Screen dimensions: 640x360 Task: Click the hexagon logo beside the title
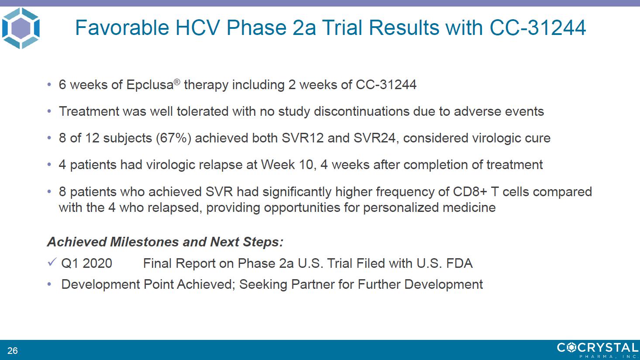tap(21, 28)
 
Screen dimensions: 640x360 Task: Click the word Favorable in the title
tap(122, 28)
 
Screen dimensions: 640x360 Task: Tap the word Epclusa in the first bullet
tap(150, 85)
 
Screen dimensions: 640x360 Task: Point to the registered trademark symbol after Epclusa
tap(177, 82)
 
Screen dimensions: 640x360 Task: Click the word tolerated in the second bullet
tap(203, 111)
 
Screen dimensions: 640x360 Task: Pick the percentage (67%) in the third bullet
tap(173, 138)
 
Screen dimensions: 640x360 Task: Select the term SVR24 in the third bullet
tap(375, 138)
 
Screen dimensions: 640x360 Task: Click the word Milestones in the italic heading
tap(145, 242)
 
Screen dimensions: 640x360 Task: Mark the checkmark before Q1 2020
tap(52, 262)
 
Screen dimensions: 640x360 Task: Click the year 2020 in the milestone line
tap(97, 263)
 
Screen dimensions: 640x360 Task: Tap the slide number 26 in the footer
tap(13, 350)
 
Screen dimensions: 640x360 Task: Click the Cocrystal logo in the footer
tap(598, 350)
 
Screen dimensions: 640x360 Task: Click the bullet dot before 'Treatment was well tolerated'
tap(49, 111)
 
